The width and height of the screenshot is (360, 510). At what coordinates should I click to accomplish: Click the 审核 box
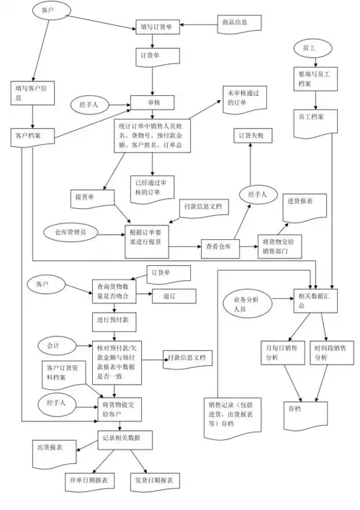tap(153, 103)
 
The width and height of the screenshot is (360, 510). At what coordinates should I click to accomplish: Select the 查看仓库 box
tap(218, 246)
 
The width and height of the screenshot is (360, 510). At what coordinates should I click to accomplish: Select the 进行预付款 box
tap(114, 319)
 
